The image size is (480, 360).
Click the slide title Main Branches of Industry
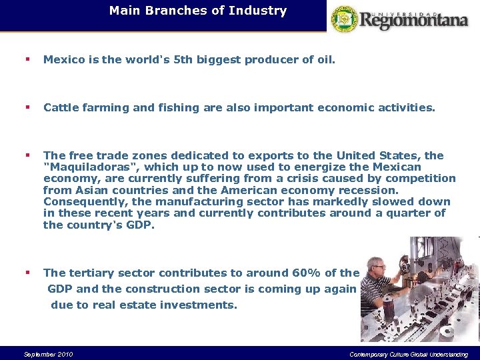197,11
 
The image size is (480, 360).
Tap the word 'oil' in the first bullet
325,60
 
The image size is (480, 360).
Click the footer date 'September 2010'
48,354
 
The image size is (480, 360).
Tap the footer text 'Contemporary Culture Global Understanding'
408,354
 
